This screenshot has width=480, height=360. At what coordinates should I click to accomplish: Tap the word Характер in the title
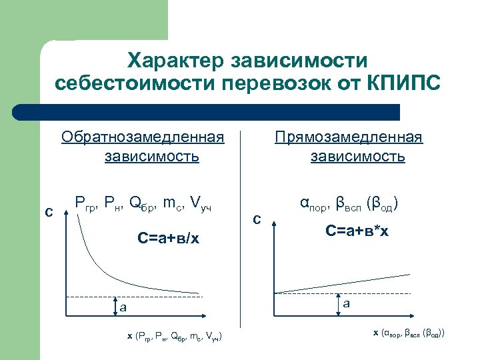[175, 61]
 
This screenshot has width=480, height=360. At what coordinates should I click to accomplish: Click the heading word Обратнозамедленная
[142, 137]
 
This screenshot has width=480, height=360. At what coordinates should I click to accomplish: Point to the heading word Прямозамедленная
[350, 137]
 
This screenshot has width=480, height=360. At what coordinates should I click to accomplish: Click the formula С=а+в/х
[168, 238]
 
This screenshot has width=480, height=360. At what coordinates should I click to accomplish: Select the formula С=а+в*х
[357, 231]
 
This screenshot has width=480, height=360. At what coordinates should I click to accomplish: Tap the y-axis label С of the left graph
[49, 213]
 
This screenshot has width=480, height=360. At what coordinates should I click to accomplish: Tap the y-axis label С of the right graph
[257, 219]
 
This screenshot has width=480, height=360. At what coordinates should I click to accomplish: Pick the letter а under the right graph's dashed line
[347, 304]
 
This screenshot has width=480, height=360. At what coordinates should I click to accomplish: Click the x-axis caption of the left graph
[175, 336]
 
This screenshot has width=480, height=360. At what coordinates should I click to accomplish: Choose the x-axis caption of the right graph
[409, 332]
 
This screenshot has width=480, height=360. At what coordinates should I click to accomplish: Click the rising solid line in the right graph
[347, 285]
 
